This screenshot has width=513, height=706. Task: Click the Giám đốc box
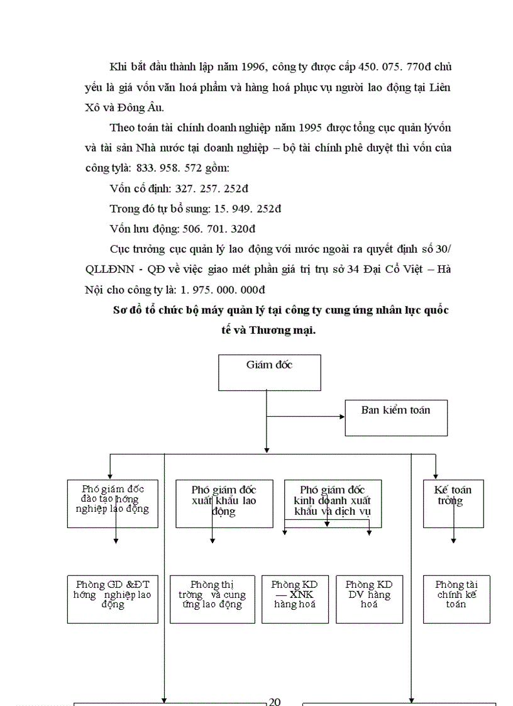pyautogui.click(x=269, y=372)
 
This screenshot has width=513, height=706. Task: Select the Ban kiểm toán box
pyautogui.click(x=396, y=417)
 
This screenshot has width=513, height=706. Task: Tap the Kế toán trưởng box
pyautogui.click(x=453, y=504)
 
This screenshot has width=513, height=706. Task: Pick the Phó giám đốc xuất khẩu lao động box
pyautogui.click(x=224, y=504)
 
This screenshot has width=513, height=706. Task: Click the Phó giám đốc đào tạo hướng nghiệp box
pyautogui.click(x=113, y=504)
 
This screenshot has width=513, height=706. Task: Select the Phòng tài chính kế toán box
pyautogui.click(x=456, y=599)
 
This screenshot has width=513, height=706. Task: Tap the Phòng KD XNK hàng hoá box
pyautogui.click(x=295, y=599)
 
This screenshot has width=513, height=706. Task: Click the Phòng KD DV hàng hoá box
pyautogui.click(x=369, y=599)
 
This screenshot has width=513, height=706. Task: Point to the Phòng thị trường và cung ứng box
pyautogui.click(x=212, y=599)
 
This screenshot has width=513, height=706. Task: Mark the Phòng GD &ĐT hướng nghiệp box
pyautogui.click(x=113, y=599)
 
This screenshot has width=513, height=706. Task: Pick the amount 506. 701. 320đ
pyautogui.click(x=219, y=229)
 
